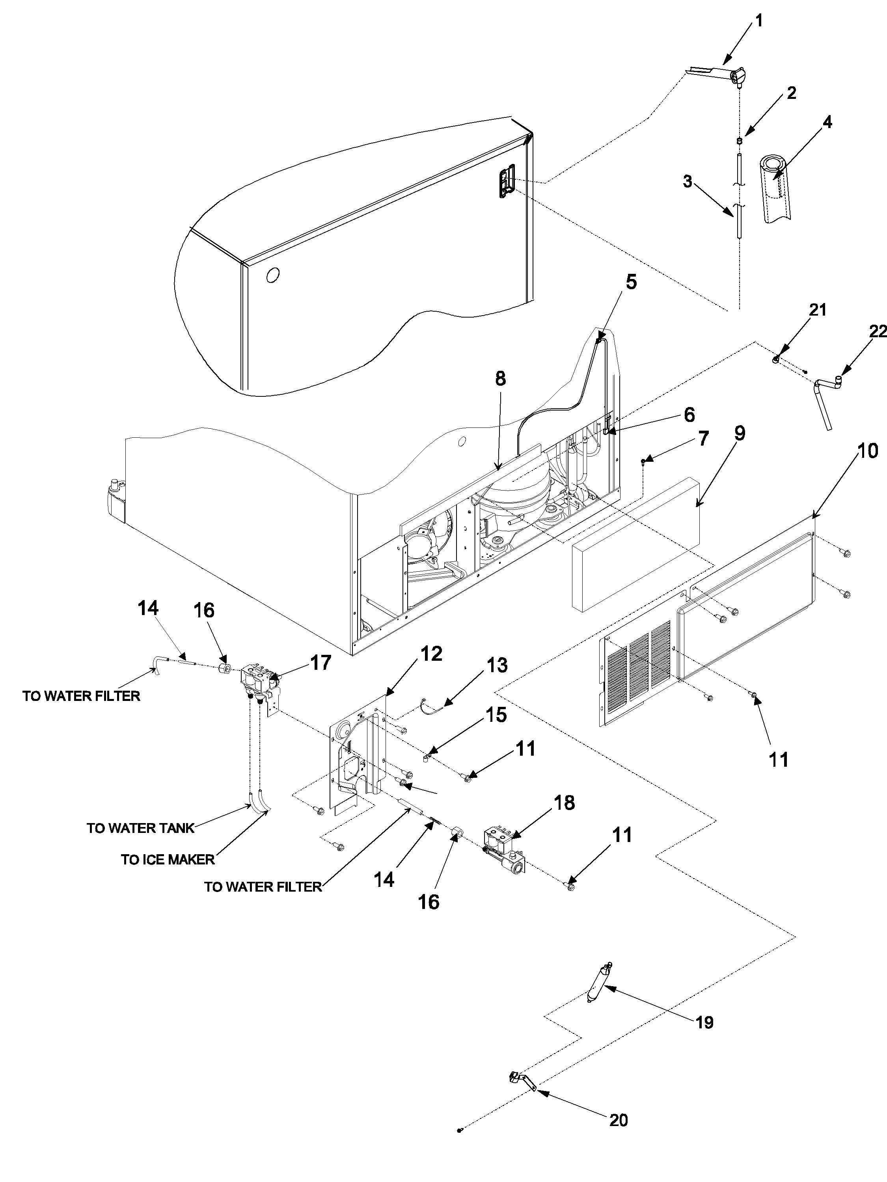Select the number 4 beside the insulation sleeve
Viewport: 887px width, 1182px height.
(827, 123)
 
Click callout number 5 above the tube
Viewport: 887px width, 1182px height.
(632, 282)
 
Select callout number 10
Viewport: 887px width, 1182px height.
(867, 451)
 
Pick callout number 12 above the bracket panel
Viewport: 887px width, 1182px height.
(431, 654)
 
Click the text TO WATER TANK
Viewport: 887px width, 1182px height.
(141, 828)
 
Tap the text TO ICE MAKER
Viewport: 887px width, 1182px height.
(168, 859)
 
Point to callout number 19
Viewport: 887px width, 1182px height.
(705, 1022)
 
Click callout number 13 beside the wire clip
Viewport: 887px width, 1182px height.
(497, 665)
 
